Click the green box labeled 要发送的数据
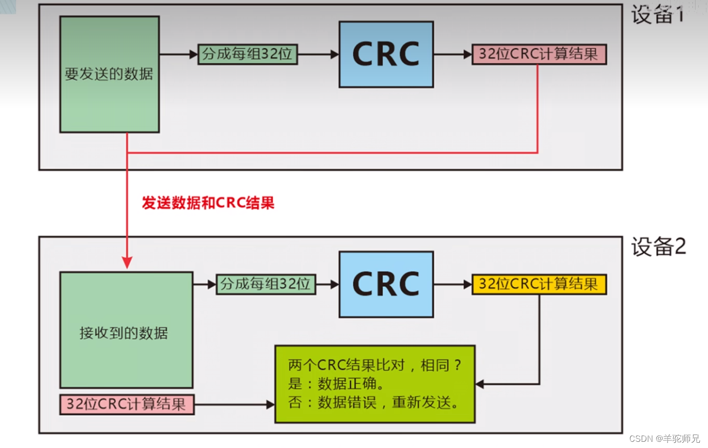(x=109, y=74)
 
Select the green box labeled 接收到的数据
(x=126, y=330)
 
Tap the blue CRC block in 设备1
(x=386, y=54)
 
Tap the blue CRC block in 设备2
(x=386, y=284)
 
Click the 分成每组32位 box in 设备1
(x=248, y=54)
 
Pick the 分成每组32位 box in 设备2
(x=266, y=284)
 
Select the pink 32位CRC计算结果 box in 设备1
(x=539, y=54)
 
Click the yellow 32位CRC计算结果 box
(x=539, y=284)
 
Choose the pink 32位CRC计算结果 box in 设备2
(x=126, y=404)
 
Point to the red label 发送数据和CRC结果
(x=208, y=203)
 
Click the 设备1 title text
(x=657, y=15)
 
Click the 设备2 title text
(x=658, y=247)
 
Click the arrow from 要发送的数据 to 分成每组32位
(x=178, y=54)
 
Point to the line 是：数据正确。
(x=336, y=384)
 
